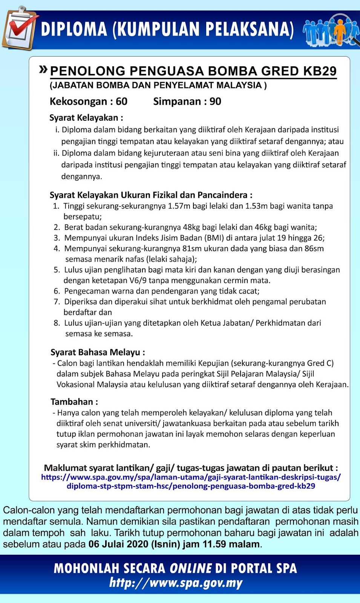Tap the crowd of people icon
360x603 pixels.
pyautogui.click(x=331, y=30)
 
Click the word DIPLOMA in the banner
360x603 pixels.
pyautogui.click(x=74, y=29)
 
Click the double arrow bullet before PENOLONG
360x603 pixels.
pyautogui.click(x=43, y=69)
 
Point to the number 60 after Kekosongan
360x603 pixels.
pyautogui.click(x=121, y=101)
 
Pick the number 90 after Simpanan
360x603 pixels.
pyautogui.click(x=215, y=101)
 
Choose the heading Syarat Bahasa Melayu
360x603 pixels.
pyautogui.click(x=98, y=352)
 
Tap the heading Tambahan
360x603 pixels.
pyautogui.click(x=74, y=402)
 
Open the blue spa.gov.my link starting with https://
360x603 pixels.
pyautogui.click(x=191, y=481)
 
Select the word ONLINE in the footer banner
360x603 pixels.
pyautogui.click(x=191, y=568)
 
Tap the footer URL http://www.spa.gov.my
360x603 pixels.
pyautogui.click(x=176, y=583)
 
